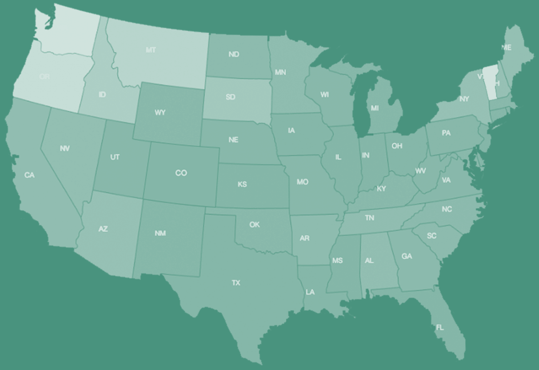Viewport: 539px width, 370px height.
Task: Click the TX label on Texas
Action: (236, 283)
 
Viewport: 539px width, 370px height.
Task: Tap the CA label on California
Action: (29, 175)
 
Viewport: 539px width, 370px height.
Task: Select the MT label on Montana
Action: (151, 50)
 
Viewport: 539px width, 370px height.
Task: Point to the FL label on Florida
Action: (439, 327)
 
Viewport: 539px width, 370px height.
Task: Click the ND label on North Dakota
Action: (234, 54)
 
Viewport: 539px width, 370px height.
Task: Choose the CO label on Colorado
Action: (181, 173)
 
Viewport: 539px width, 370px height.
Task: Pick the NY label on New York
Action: (464, 99)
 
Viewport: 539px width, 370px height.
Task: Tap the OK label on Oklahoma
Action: (254, 225)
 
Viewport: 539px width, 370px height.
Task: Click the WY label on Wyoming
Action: (160, 113)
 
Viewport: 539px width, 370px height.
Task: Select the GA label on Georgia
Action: (407, 256)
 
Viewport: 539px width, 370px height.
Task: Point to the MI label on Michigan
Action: (375, 108)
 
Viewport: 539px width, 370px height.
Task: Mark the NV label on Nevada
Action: (64, 149)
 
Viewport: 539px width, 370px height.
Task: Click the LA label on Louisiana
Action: (310, 292)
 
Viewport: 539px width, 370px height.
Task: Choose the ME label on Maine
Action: (506, 47)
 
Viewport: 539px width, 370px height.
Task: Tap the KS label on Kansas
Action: (242, 184)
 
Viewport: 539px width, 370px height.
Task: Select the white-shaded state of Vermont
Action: (490, 80)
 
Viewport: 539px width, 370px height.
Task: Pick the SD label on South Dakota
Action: (230, 97)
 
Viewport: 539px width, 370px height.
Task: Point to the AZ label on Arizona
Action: (103, 229)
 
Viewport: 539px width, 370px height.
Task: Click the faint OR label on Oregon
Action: (44, 77)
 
